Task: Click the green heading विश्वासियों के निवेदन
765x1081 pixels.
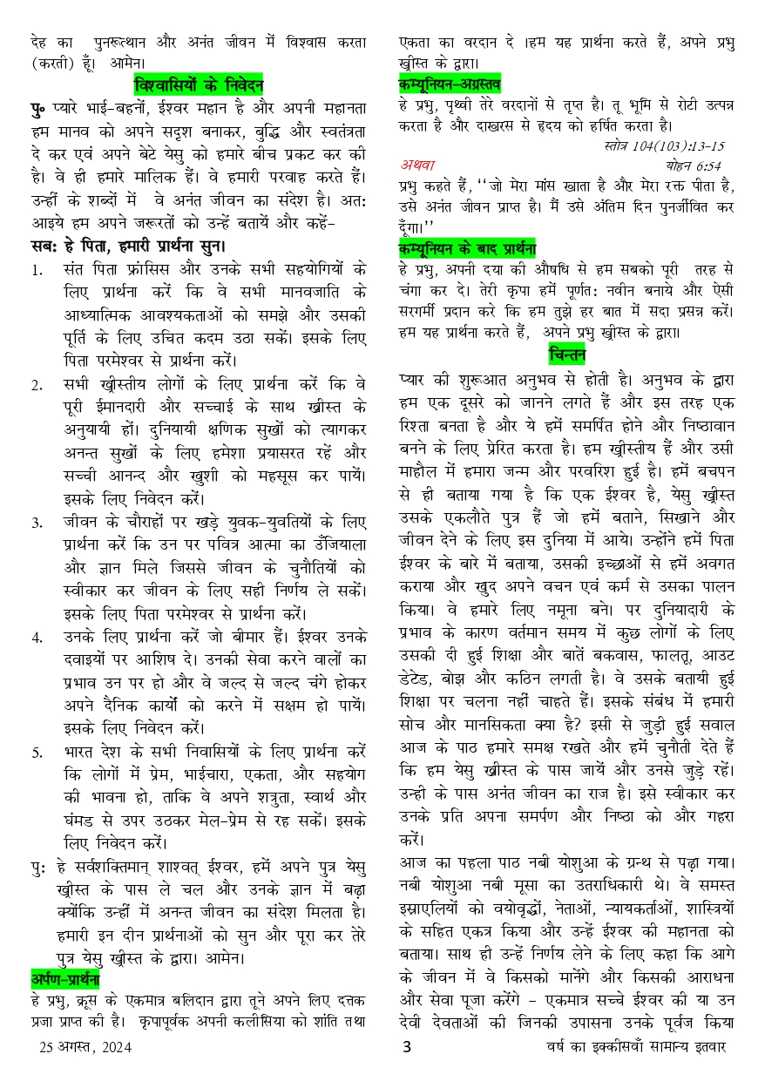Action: coord(198,85)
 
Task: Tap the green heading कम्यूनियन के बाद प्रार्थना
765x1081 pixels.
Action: coord(466,247)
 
